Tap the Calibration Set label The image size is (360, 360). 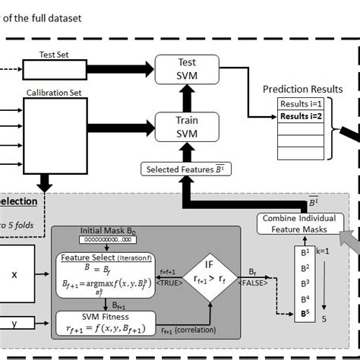[55, 93]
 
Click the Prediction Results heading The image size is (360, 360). [302, 89]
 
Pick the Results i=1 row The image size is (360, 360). [302, 104]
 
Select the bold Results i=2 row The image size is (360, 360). [302, 116]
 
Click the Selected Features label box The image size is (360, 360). [182, 168]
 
